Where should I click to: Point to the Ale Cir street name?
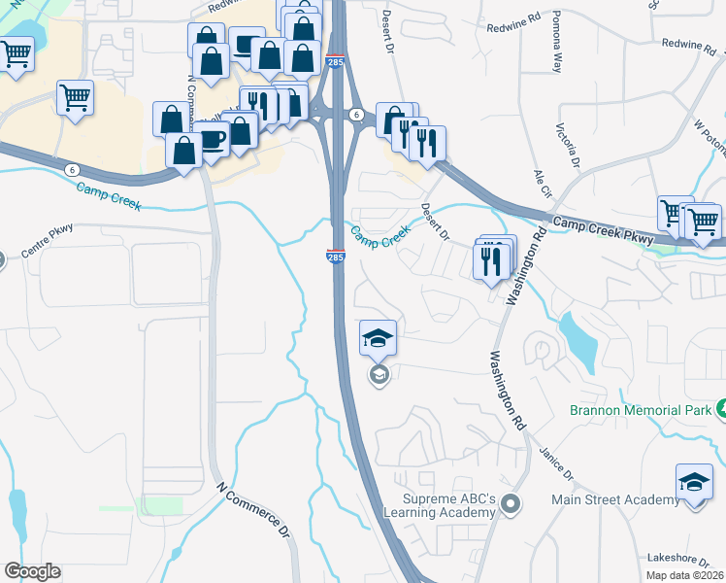pos(542,182)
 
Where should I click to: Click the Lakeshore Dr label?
pos(683,560)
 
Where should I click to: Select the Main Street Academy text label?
pos(615,499)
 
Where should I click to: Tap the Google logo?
pos(32,571)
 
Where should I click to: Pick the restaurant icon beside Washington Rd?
pos(491,259)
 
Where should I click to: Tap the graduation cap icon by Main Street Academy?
pos(694,482)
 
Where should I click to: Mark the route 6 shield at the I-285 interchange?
pos(357,115)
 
